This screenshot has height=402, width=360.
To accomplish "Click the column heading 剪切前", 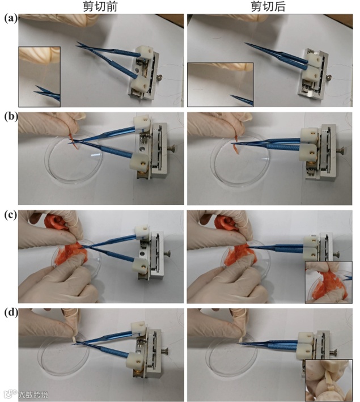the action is pos(100,6).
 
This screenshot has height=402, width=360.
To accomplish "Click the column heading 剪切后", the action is pos(268,6).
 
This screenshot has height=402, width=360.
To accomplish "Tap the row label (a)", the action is pos(11,19).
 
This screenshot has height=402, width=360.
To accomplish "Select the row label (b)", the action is pos(11,117).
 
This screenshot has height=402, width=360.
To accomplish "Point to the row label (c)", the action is pos(11,215).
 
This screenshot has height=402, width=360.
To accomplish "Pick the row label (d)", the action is pos(11,313).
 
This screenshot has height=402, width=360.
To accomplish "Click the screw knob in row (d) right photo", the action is pos(333,353).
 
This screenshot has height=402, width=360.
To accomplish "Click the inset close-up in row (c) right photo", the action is pos(328,282).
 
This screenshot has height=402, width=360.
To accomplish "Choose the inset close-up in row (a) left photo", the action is pos(40,77).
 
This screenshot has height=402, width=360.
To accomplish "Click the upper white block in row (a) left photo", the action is pos(145,52).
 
